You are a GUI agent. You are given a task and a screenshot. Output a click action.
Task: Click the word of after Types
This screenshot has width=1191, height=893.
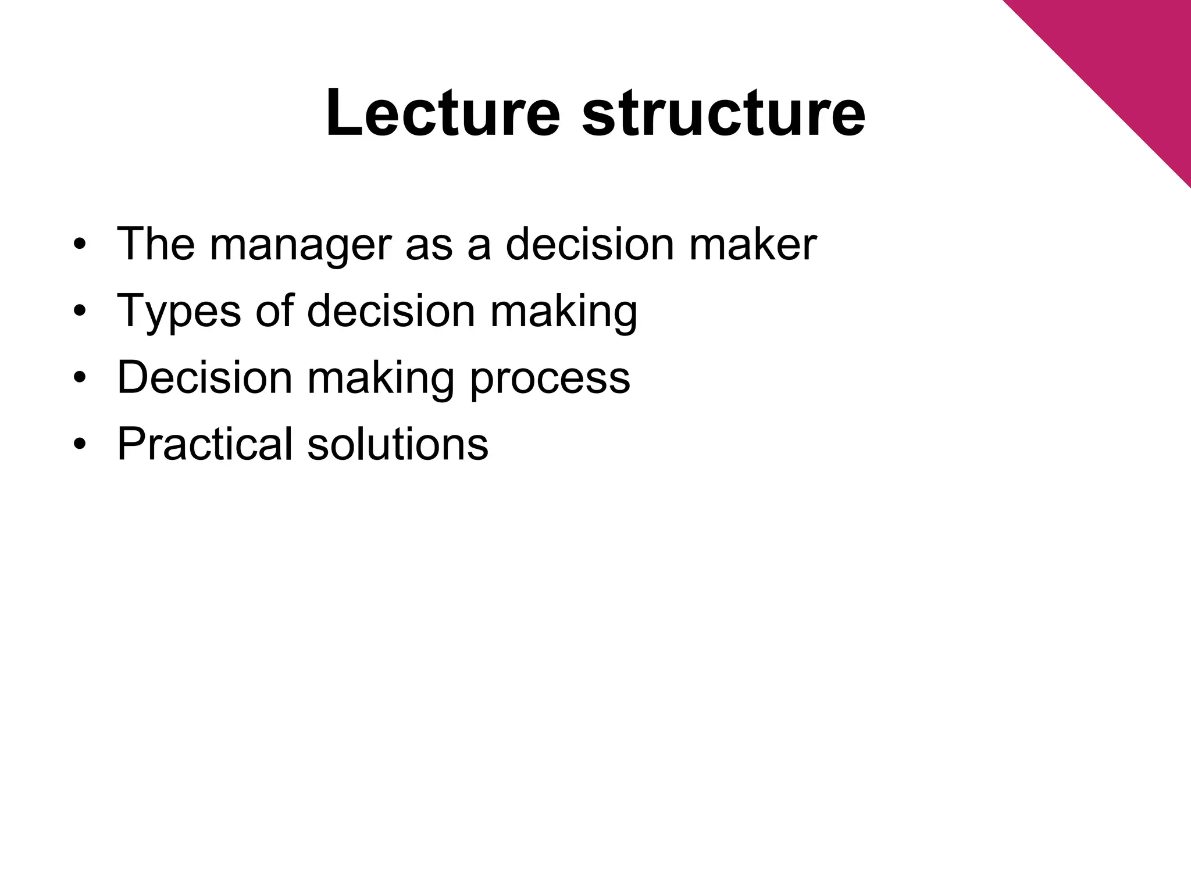point(274,310)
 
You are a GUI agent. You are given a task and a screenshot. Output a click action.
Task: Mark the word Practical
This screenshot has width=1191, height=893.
point(204,444)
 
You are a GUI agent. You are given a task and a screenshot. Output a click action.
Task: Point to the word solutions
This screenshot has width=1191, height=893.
point(398,444)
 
